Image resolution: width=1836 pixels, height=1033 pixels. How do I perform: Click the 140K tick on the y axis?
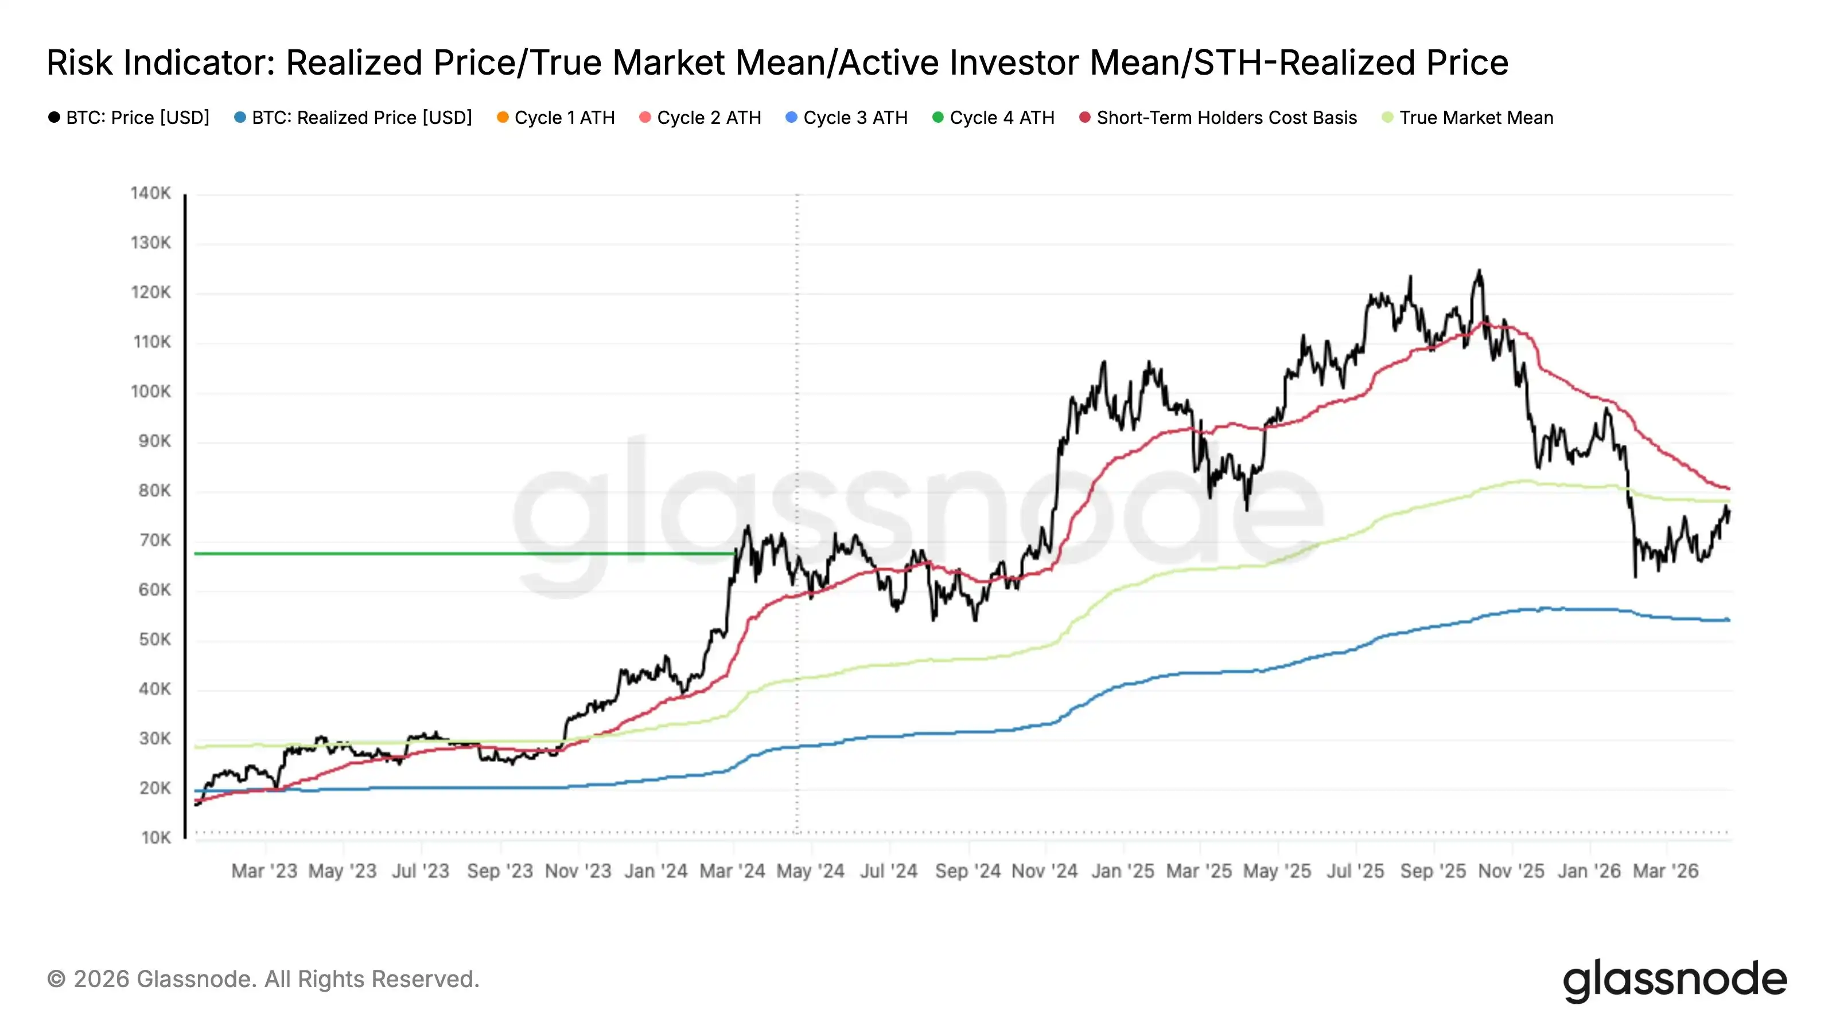point(150,193)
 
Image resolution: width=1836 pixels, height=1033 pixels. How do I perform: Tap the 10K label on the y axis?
point(155,838)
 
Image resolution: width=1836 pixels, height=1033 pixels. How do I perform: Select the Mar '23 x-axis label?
point(264,871)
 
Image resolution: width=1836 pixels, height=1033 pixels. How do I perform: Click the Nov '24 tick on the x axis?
point(1044,871)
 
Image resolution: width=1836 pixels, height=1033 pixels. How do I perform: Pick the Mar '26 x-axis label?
point(1665,871)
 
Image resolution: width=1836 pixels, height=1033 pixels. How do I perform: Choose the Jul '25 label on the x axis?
point(1355,871)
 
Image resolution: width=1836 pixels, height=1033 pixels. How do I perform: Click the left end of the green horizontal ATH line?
point(196,554)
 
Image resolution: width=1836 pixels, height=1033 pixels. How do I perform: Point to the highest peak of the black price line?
point(1479,271)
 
